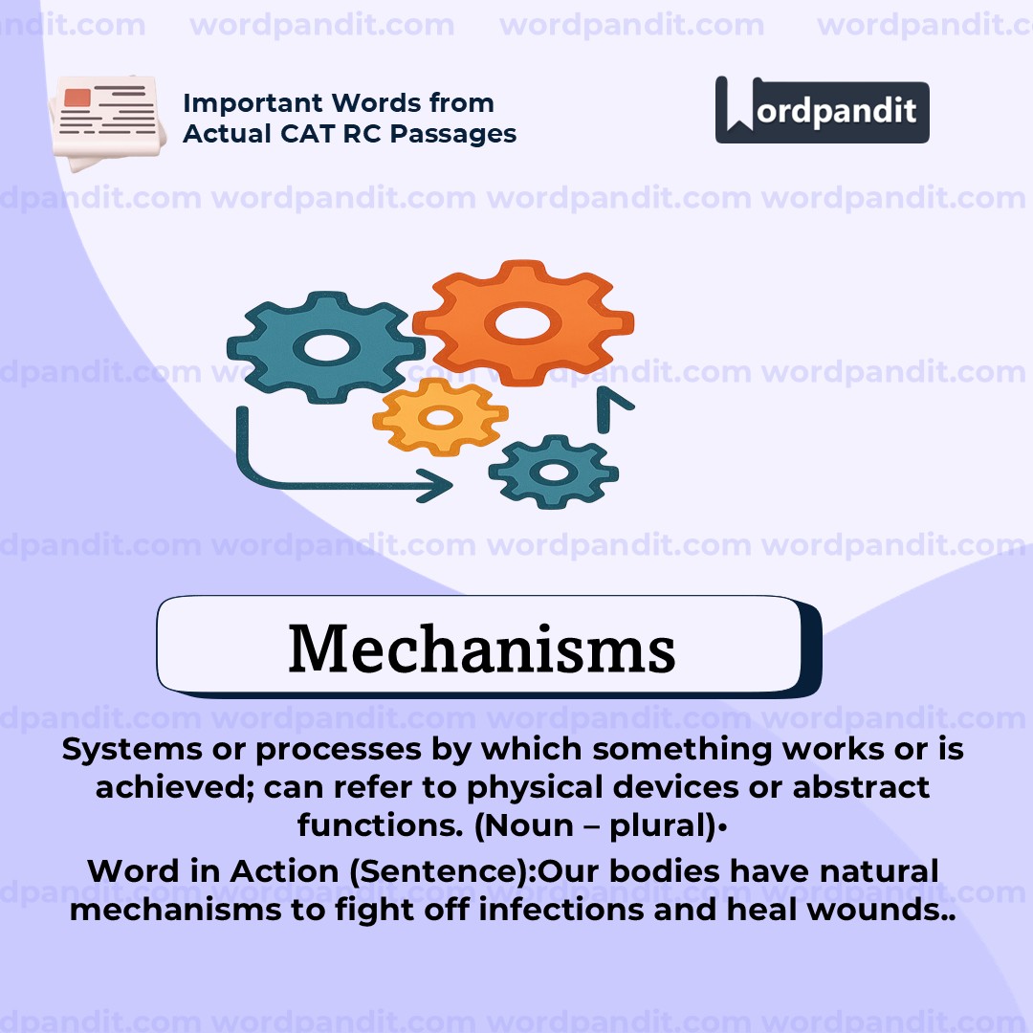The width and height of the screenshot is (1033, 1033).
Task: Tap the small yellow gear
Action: [x=440, y=416]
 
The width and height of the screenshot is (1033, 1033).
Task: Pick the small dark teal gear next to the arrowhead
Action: [x=554, y=471]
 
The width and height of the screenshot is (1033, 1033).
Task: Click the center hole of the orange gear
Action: [x=522, y=323]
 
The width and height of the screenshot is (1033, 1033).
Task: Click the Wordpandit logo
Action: [x=822, y=111]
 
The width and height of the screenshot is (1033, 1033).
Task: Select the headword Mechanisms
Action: [x=481, y=648]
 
